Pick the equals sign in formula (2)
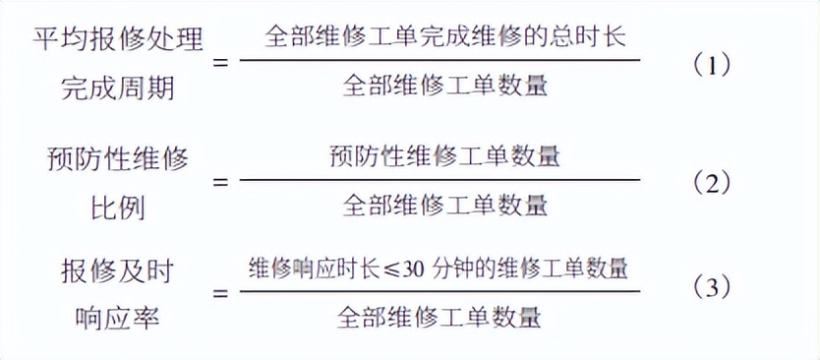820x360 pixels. (220, 182)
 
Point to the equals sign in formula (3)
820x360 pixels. (220, 292)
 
